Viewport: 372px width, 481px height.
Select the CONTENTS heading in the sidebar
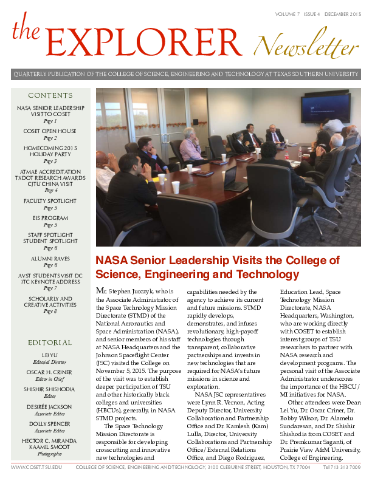(x=50, y=95)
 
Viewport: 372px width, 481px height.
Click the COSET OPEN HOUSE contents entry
(x=50, y=131)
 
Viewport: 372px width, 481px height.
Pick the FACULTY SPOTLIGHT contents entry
(x=50, y=200)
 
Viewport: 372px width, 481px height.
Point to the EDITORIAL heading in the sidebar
(x=50, y=343)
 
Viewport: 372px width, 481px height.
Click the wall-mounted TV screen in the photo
(x=326, y=107)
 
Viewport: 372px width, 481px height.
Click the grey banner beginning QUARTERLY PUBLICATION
(x=186, y=75)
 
